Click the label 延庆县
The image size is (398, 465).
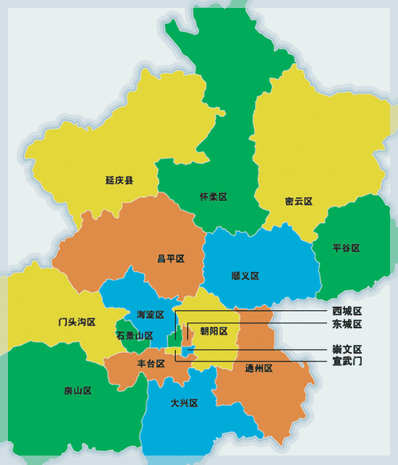tap(119, 180)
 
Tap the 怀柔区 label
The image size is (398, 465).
tap(213, 196)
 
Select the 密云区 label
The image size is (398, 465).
tap(298, 201)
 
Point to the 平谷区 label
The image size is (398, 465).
tap(346, 248)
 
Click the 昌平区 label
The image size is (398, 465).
tap(170, 258)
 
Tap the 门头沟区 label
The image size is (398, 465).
tap(76, 322)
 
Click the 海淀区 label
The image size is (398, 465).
tap(150, 315)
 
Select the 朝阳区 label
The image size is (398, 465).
tap(213, 331)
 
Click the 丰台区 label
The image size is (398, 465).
tap(150, 363)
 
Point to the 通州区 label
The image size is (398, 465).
tap(259, 368)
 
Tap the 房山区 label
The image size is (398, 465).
tap(77, 391)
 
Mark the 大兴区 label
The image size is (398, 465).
tap(184, 403)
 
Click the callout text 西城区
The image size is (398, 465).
tap(347, 311)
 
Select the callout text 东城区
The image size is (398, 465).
tap(347, 324)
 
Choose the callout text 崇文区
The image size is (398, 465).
tap(347, 349)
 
